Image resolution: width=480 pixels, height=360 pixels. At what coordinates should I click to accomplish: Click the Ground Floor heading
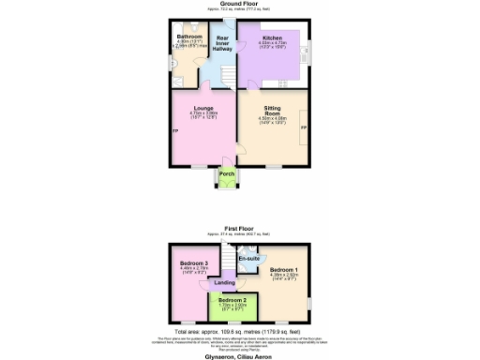(239, 5)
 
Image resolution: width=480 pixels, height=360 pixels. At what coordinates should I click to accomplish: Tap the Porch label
(226, 174)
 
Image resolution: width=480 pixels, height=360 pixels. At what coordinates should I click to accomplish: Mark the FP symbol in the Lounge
(174, 129)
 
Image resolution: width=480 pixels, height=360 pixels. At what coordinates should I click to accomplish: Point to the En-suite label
(248, 256)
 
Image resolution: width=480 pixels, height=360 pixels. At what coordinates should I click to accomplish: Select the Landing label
(224, 282)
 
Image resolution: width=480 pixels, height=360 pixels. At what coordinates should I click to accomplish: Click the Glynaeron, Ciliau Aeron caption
(239, 354)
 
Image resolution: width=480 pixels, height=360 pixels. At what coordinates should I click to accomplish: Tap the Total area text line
(239, 332)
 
